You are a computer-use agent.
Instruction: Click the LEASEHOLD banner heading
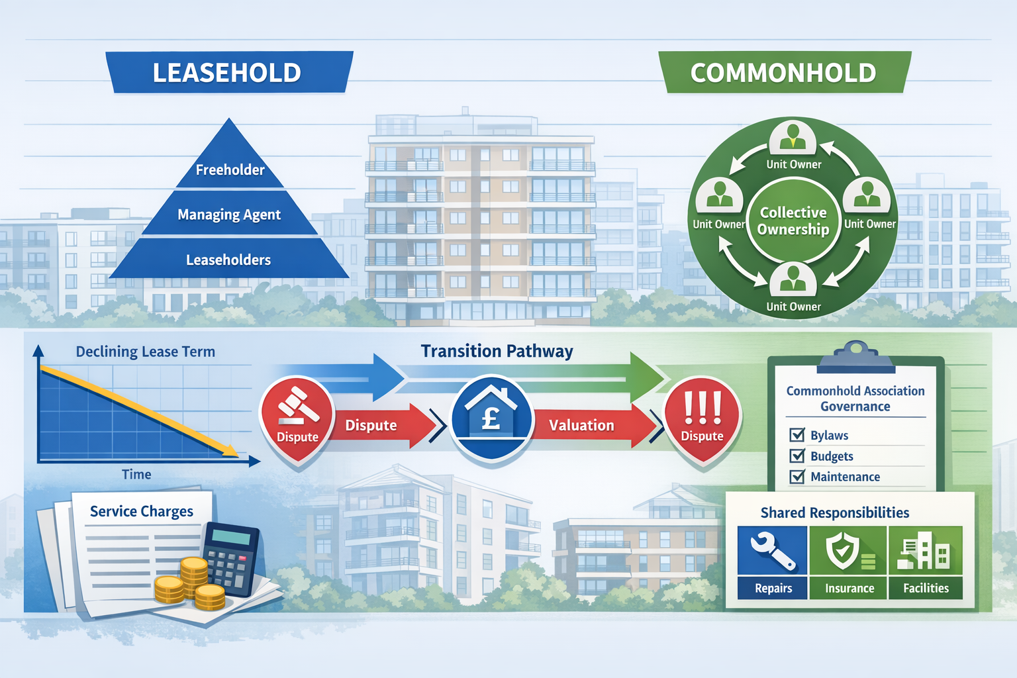click(227, 72)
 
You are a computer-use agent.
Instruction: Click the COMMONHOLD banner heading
click(783, 72)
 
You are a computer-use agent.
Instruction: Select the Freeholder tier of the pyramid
click(230, 169)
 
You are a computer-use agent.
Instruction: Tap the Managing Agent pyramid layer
click(229, 215)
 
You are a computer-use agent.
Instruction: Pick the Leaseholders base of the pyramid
click(228, 260)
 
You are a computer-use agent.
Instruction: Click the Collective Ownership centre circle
click(793, 220)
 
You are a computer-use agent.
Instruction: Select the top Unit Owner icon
click(793, 137)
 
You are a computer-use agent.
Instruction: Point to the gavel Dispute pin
click(297, 417)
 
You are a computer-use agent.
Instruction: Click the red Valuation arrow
click(586, 425)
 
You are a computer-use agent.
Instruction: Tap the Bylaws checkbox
click(797, 435)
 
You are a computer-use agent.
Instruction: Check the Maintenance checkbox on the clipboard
click(797, 477)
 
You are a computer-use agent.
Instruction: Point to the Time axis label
click(136, 474)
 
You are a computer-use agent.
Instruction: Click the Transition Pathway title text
click(497, 351)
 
